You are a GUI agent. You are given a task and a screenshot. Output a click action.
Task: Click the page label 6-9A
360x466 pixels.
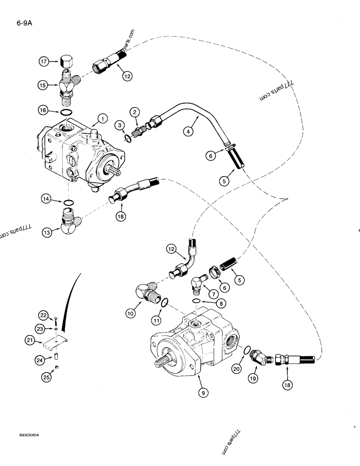tap(16, 20)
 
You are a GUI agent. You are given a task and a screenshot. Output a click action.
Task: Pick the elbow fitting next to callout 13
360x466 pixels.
tap(67, 219)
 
